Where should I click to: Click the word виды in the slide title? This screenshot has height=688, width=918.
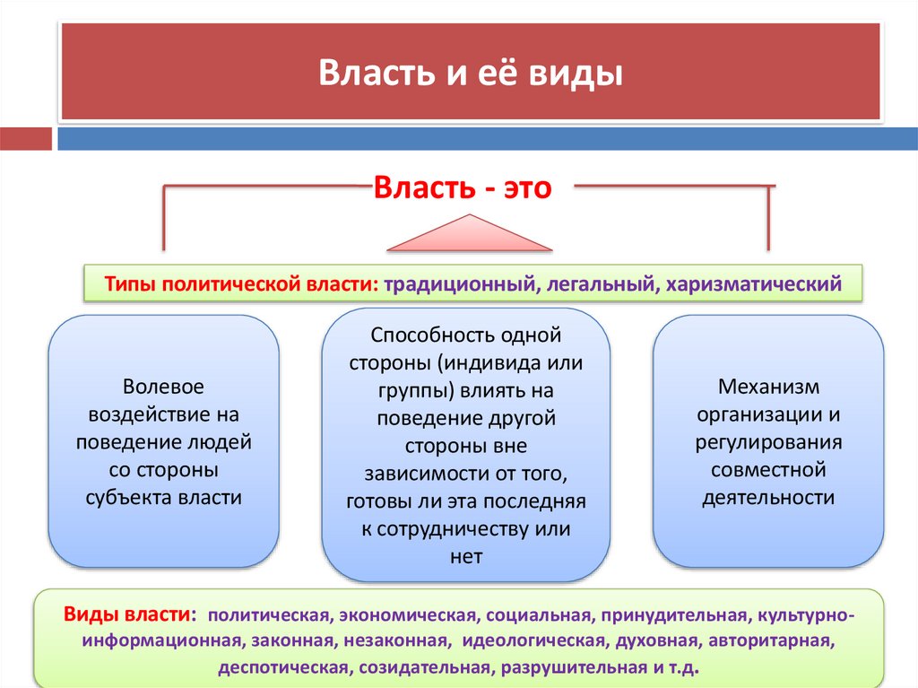coord(583,73)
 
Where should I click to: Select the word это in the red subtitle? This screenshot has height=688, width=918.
coord(525,188)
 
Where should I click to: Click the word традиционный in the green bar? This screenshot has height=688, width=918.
coord(459,284)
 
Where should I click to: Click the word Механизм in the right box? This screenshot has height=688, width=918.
coord(768,387)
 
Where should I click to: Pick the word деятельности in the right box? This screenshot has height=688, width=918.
coord(768,498)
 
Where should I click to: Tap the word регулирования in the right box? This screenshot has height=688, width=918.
coord(768,442)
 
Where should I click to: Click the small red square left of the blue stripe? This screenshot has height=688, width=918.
coord(26,139)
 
